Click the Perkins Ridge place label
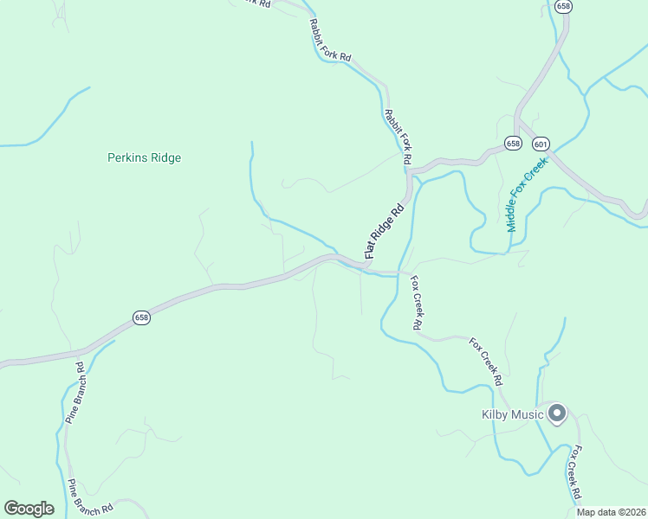tap(144, 158)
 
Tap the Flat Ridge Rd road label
tap(386, 232)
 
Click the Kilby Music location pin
tap(557, 413)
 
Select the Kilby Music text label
tap(512, 415)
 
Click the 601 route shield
tap(541, 144)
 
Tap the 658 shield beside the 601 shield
tap(514, 144)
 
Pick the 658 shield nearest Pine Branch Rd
tap(142, 317)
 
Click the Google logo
tap(29, 509)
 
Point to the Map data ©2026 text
tap(610, 512)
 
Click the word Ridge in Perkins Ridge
tap(165, 158)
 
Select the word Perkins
tap(126, 158)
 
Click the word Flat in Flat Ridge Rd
tap(372, 252)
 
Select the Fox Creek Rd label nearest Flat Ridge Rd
tap(416, 303)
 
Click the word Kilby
tap(495, 415)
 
